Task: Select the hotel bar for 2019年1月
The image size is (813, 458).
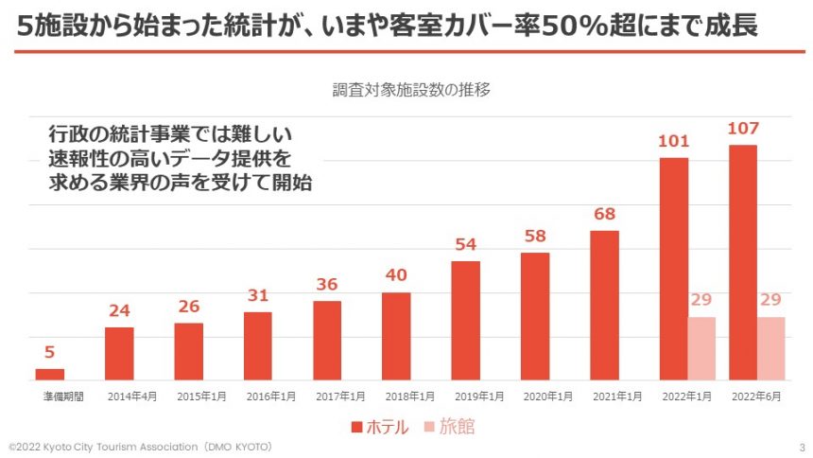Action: [x=465, y=321]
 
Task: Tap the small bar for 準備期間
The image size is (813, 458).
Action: [x=50, y=375]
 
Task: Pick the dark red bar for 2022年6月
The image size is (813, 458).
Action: [x=743, y=262]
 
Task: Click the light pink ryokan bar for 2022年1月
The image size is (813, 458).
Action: [x=701, y=348]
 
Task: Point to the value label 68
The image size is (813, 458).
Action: [x=604, y=215]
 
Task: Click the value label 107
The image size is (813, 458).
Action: [x=743, y=129]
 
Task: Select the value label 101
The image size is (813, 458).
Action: [x=673, y=142]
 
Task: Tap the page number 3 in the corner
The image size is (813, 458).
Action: [x=802, y=446]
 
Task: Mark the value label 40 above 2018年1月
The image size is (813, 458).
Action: [x=396, y=276]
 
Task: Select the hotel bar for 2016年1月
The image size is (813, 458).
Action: [x=258, y=346]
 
